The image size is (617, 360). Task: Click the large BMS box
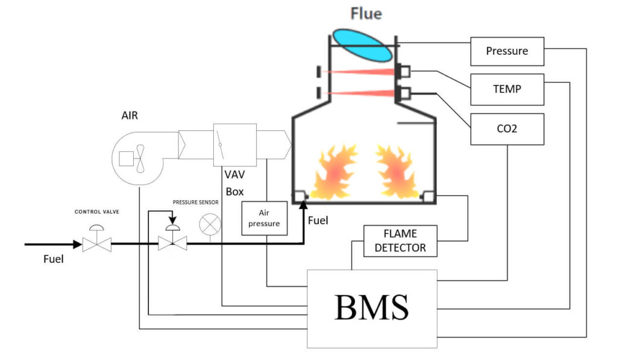pyautogui.click(x=372, y=308)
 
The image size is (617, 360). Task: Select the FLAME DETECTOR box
pyautogui.click(x=400, y=241)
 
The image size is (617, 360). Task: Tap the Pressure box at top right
pyautogui.click(x=507, y=51)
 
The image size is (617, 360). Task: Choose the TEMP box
pyautogui.click(x=507, y=89)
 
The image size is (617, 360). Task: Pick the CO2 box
pyautogui.click(x=507, y=129)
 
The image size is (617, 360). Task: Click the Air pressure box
pyautogui.click(x=264, y=218)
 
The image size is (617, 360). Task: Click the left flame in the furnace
pyautogui.click(x=333, y=172)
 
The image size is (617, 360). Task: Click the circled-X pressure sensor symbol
pyautogui.click(x=210, y=224)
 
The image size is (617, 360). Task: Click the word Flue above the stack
pyautogui.click(x=366, y=13)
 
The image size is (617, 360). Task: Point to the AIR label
pyautogui.click(x=130, y=115)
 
